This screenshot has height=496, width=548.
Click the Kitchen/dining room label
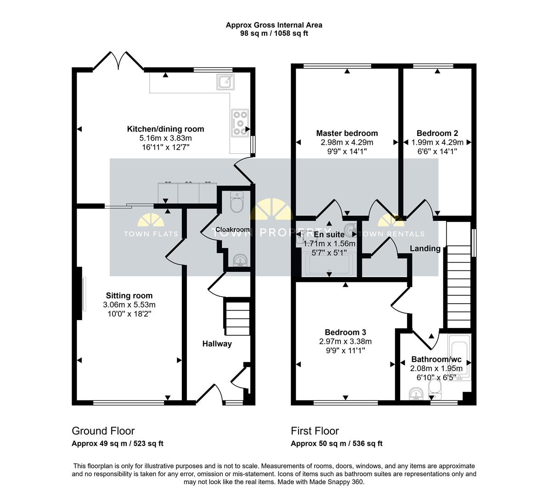pyautogui.click(x=165, y=129)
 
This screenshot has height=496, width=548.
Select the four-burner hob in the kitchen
pyautogui.click(x=239, y=123)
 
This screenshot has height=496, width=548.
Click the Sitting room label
pyautogui.click(x=129, y=296)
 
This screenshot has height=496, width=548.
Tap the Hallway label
pyautogui.click(x=217, y=344)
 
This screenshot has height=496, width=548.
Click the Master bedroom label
pyautogui.click(x=347, y=134)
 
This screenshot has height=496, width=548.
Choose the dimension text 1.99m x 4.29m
pyautogui.click(x=437, y=142)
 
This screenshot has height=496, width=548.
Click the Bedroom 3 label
pyautogui.click(x=345, y=333)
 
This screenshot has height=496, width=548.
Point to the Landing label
pyautogui.click(x=425, y=248)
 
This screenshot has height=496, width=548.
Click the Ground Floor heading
pyautogui.click(x=103, y=431)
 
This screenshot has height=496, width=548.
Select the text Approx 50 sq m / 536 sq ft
pyautogui.click(x=336, y=444)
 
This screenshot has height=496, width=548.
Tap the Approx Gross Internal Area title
pyautogui.click(x=274, y=25)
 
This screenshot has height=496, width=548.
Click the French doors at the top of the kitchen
pyautogui.click(x=119, y=61)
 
